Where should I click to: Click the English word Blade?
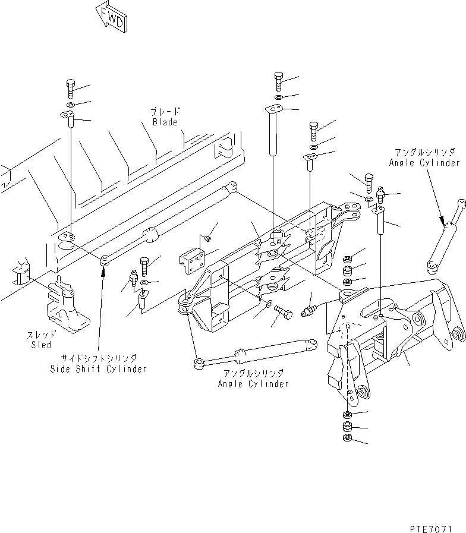(x=165, y=122)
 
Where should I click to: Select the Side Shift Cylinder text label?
(x=98, y=369)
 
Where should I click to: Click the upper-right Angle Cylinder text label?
(x=424, y=163)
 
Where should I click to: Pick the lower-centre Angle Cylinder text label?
(x=253, y=384)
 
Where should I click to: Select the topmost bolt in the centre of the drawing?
(x=278, y=78)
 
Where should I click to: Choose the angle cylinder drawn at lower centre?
(x=250, y=354)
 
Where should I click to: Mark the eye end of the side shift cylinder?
(x=104, y=260)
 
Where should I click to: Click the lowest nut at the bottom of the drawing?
(x=347, y=439)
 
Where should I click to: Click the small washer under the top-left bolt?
(x=70, y=105)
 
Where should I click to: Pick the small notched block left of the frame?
(x=191, y=259)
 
